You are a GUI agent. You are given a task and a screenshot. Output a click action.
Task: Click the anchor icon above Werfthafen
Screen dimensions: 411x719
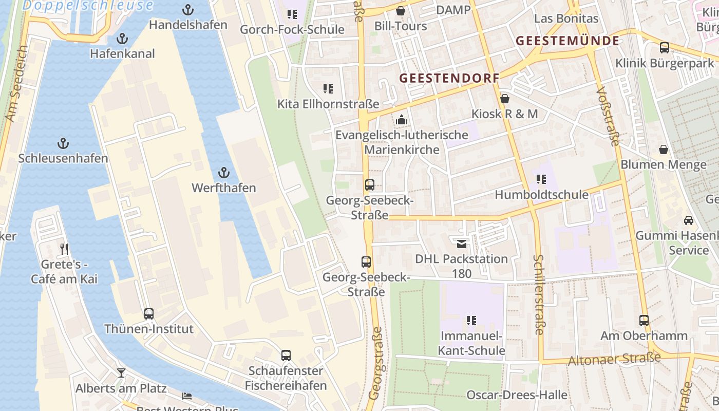point(223,172)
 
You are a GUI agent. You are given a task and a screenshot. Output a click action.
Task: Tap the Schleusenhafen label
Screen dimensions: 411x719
point(63,158)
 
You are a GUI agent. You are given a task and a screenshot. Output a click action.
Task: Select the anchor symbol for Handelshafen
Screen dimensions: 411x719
point(188,10)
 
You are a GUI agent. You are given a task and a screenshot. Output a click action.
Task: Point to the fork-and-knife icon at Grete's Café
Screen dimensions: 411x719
point(64,249)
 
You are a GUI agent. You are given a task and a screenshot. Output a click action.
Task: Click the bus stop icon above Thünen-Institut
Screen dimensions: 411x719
point(149,313)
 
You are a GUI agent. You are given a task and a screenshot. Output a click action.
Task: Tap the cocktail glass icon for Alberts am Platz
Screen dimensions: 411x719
point(121,372)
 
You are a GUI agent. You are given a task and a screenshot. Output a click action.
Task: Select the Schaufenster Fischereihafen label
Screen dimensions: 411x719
point(286,378)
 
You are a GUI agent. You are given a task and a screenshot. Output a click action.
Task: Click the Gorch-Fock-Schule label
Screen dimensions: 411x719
point(292,30)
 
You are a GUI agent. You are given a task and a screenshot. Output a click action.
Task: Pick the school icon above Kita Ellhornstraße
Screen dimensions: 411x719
point(328,89)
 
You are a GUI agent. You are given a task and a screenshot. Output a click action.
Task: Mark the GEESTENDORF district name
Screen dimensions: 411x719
point(449,78)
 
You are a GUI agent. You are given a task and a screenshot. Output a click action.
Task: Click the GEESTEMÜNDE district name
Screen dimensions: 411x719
point(567,41)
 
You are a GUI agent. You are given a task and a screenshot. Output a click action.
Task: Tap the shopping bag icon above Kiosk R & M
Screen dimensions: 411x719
point(505,99)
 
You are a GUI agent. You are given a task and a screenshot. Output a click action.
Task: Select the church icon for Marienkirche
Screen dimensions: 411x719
point(401,120)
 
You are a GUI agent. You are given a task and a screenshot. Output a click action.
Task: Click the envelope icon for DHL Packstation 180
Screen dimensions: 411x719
point(461,244)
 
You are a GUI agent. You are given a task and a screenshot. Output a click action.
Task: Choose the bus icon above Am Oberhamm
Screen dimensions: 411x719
point(644,321)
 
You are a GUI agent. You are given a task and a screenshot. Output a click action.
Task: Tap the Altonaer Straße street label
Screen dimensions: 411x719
point(614,359)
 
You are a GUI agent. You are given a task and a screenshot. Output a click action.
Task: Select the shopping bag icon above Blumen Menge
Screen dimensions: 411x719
point(664,150)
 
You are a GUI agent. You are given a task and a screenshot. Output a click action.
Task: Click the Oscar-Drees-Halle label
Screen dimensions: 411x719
point(517,395)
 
